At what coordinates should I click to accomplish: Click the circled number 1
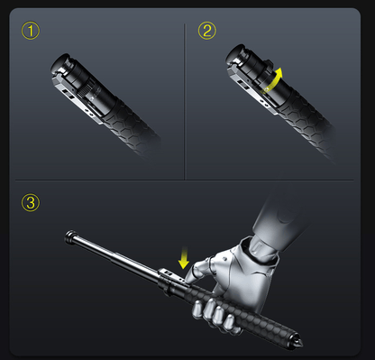pos(31,32)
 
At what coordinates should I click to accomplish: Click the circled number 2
pos(208,32)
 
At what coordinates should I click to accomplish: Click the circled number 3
pos(32,202)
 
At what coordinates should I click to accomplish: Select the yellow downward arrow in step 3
pos(185,260)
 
